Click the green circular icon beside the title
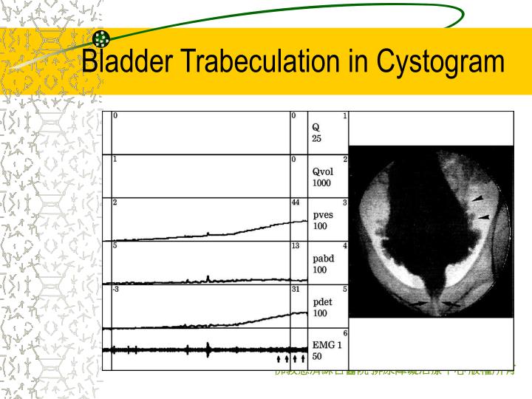click(x=102, y=38)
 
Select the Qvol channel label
click(x=322, y=172)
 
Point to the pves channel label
click(x=323, y=215)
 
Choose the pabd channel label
click(x=323, y=259)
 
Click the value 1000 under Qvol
click(x=321, y=183)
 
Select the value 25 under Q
click(x=316, y=138)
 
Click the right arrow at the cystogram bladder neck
click(x=451, y=304)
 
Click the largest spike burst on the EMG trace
click(x=208, y=349)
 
